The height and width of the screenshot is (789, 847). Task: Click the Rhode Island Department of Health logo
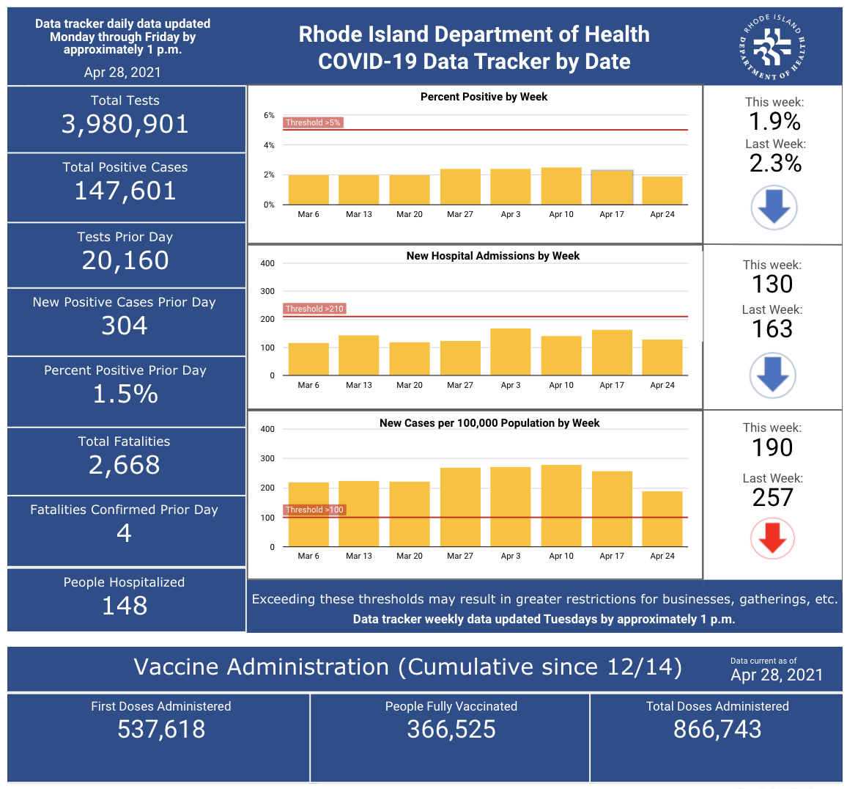click(772, 47)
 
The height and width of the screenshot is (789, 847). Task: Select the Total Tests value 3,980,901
click(125, 125)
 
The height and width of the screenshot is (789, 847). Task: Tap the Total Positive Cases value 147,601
click(125, 191)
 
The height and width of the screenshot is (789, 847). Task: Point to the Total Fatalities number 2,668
click(125, 465)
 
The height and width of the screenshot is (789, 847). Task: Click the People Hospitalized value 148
click(125, 605)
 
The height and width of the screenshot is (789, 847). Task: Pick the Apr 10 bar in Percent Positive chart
click(561, 186)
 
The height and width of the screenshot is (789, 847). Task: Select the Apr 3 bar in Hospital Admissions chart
click(511, 352)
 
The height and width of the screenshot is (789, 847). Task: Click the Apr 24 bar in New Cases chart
click(662, 518)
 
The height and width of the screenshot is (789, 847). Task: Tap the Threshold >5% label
click(314, 122)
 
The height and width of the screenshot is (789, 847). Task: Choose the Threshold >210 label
click(314, 309)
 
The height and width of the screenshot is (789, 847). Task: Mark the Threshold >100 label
click(314, 510)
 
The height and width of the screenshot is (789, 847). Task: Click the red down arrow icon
click(772, 539)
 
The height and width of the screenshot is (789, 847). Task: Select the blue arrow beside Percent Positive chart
click(774, 208)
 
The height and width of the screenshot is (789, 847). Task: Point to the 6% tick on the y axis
click(269, 115)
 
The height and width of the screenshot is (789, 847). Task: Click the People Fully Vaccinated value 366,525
click(451, 730)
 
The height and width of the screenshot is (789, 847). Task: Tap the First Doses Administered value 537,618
click(161, 730)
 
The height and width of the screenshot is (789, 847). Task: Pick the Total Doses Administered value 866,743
click(717, 730)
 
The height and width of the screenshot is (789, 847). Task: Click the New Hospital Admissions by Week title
click(492, 256)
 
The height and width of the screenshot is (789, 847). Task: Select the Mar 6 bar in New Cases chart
click(308, 514)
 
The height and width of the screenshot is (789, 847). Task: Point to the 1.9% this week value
click(774, 121)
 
